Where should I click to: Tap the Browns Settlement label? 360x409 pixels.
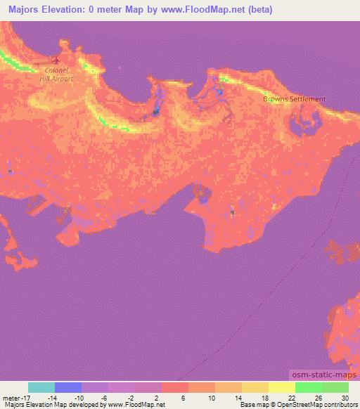[295, 99]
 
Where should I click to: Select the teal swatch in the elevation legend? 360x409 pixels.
[41, 387]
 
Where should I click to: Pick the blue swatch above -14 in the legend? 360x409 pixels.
[68, 387]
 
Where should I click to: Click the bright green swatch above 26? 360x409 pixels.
[309, 387]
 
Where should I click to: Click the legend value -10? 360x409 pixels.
[82, 398]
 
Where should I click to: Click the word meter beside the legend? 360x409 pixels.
[11, 398]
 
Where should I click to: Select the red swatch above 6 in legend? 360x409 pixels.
[175, 387]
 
